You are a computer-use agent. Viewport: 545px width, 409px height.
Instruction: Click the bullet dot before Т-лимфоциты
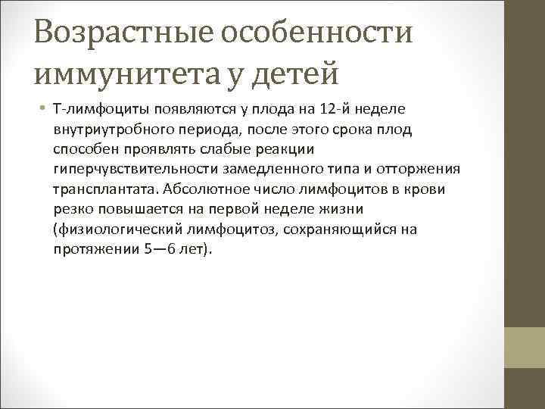click(x=43, y=110)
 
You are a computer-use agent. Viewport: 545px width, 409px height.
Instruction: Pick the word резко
click(x=71, y=208)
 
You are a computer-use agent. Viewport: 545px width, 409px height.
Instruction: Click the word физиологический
click(x=111, y=228)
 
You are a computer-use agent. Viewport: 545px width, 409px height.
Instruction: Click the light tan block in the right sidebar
click(x=525, y=348)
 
